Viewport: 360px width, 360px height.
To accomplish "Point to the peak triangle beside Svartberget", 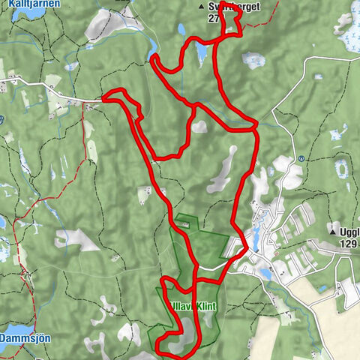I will [200, 6].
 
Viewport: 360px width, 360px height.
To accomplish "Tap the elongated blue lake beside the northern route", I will [200, 52].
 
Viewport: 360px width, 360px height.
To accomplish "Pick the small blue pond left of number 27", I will [181, 30].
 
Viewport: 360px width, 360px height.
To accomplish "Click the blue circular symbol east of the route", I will [301, 159].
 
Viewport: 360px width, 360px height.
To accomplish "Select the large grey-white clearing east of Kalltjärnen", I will [101, 25].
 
